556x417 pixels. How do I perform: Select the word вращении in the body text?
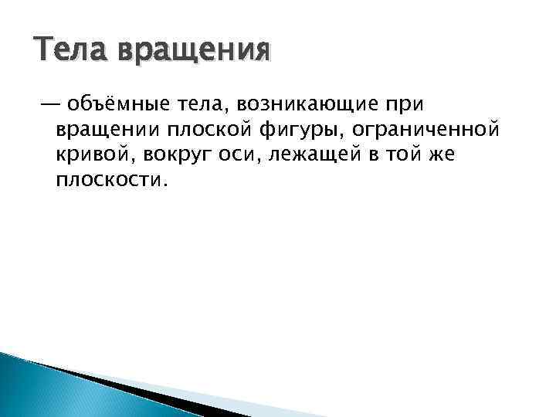coord(104,129)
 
